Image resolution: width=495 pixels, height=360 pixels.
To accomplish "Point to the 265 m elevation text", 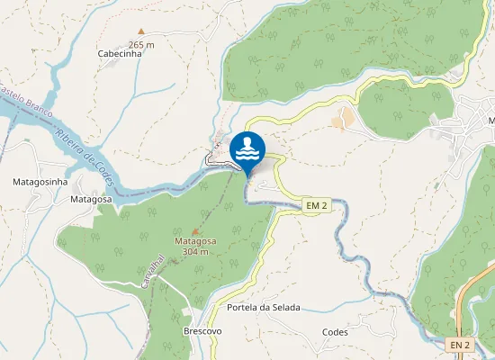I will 141,44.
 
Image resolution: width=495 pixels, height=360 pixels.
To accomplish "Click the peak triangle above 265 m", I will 140,32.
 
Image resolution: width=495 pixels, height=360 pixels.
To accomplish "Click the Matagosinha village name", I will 40,182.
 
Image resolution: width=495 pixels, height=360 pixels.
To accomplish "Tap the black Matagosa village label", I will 91,199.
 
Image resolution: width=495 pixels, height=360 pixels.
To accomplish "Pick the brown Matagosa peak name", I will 195,242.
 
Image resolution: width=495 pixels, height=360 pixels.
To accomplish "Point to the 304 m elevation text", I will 195,252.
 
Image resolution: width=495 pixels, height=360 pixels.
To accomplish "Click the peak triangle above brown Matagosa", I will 195,232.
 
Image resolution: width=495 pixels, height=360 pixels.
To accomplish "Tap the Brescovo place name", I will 202,331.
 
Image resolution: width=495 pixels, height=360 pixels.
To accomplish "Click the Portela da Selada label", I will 264,308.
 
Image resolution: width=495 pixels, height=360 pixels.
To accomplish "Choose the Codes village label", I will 335,332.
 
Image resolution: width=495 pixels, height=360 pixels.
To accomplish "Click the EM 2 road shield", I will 315,206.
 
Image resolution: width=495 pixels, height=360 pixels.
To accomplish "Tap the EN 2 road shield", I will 461,345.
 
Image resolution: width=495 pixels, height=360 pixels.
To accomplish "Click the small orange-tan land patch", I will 343,119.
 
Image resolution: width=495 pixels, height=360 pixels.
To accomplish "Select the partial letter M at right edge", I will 491,121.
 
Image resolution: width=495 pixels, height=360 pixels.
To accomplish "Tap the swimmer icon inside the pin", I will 247,148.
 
